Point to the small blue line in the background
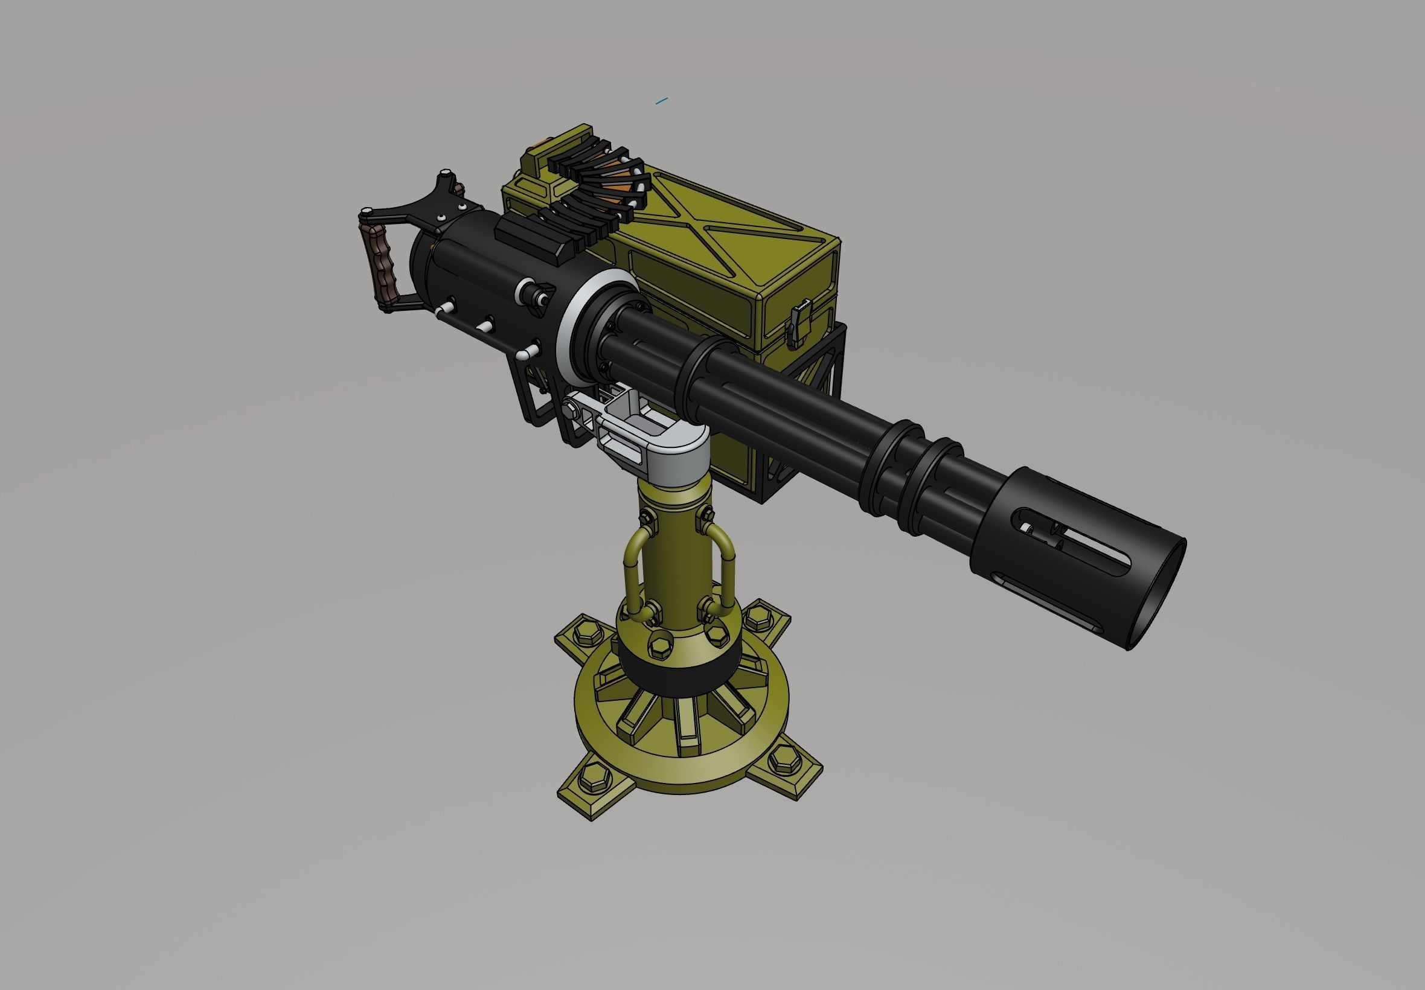pyautogui.click(x=662, y=100)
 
